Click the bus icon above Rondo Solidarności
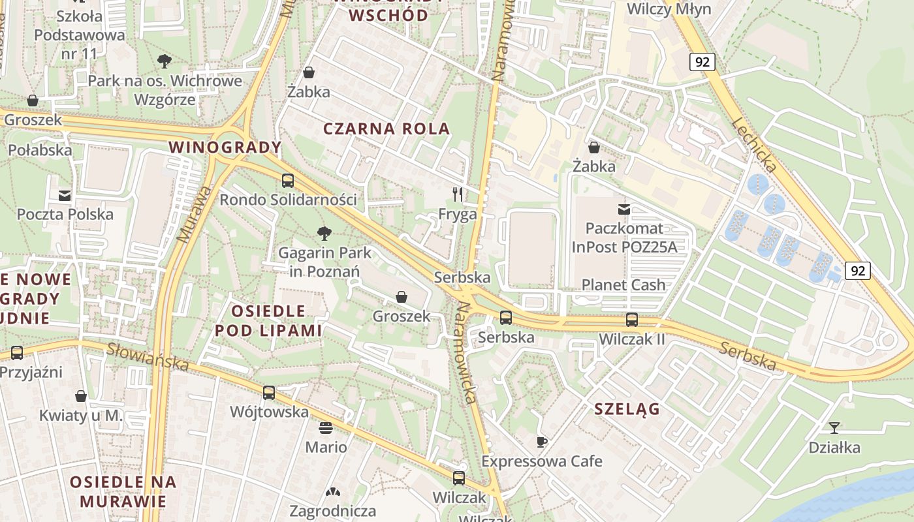pyautogui.click(x=288, y=181)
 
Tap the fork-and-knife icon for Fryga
pyautogui.click(x=458, y=194)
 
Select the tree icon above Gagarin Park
pyautogui.click(x=324, y=233)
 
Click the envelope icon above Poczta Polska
pyautogui.click(x=65, y=195)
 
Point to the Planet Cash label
pyautogui.click(x=623, y=284)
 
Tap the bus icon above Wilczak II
pyautogui.click(x=631, y=320)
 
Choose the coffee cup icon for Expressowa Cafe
pyautogui.click(x=541, y=442)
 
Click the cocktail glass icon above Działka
pyautogui.click(x=834, y=428)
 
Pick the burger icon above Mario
pyautogui.click(x=326, y=428)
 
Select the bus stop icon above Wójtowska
pyautogui.click(x=269, y=392)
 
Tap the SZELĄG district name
pyautogui.click(x=627, y=409)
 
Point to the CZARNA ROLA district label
pyautogui.click(x=387, y=129)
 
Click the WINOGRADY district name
pyautogui.click(x=225, y=147)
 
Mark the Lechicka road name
pyautogui.click(x=753, y=146)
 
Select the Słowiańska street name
pyautogui.click(x=148, y=357)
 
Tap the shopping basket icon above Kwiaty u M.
pyautogui.click(x=81, y=396)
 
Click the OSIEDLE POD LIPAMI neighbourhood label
pyautogui.click(x=268, y=320)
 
